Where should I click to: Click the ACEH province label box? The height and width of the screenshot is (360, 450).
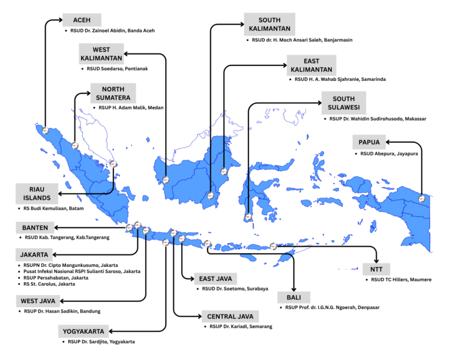tap(82, 20)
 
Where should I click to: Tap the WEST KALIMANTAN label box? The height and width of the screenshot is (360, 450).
tap(101, 53)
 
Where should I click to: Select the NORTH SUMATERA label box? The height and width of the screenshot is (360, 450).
tap(113, 94)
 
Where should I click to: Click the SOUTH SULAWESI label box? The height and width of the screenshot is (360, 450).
tap(344, 103)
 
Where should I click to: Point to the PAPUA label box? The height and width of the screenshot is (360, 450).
tap(369, 142)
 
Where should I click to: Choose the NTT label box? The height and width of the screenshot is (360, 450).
tap(376, 269)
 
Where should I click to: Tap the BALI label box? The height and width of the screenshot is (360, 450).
tap(293, 298)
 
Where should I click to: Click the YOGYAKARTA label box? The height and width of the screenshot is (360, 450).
tap(83, 331)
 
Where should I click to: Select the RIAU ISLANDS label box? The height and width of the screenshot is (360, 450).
tap(37, 193)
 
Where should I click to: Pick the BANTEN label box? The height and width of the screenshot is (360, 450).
tap(35, 227)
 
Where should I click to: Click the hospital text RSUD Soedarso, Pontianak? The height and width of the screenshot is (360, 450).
tap(118, 68)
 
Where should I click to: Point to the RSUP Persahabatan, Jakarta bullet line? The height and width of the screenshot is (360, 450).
tap(56, 278)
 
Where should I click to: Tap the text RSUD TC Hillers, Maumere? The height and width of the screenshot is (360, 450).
tap(401, 280)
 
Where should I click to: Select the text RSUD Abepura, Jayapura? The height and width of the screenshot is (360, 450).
tap(389, 154)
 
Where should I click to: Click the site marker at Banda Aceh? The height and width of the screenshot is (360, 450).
tap(46, 131)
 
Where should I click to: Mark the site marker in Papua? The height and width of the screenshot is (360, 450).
tap(422, 199)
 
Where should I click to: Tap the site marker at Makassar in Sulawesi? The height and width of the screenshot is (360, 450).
tap(248, 217)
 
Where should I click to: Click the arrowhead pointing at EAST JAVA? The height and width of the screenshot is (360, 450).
tap(192, 278)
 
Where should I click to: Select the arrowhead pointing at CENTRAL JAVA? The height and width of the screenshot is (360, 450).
tap(199, 316)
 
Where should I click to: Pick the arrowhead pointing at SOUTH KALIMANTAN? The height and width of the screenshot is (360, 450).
tap(241, 25)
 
